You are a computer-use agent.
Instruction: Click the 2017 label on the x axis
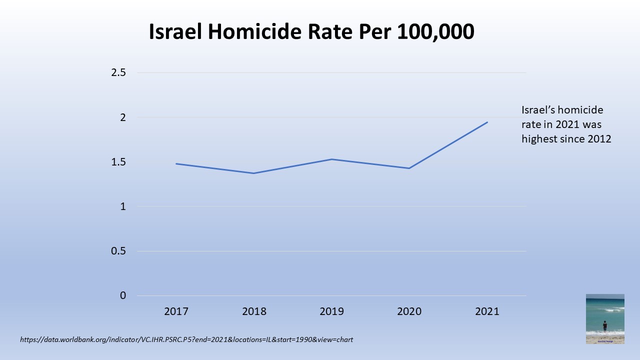176,311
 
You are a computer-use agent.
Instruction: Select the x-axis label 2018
254,311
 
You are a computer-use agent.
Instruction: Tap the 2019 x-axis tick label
331,311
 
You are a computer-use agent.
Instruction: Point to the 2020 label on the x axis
409,311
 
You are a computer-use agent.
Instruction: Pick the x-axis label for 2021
487,311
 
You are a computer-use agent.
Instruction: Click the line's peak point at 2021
487,122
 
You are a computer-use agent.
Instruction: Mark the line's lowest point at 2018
254,173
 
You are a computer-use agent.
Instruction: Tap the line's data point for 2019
331,159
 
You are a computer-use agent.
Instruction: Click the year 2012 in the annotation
599,139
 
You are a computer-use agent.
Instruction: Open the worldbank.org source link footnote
186,340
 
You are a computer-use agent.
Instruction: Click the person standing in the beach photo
605,326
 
